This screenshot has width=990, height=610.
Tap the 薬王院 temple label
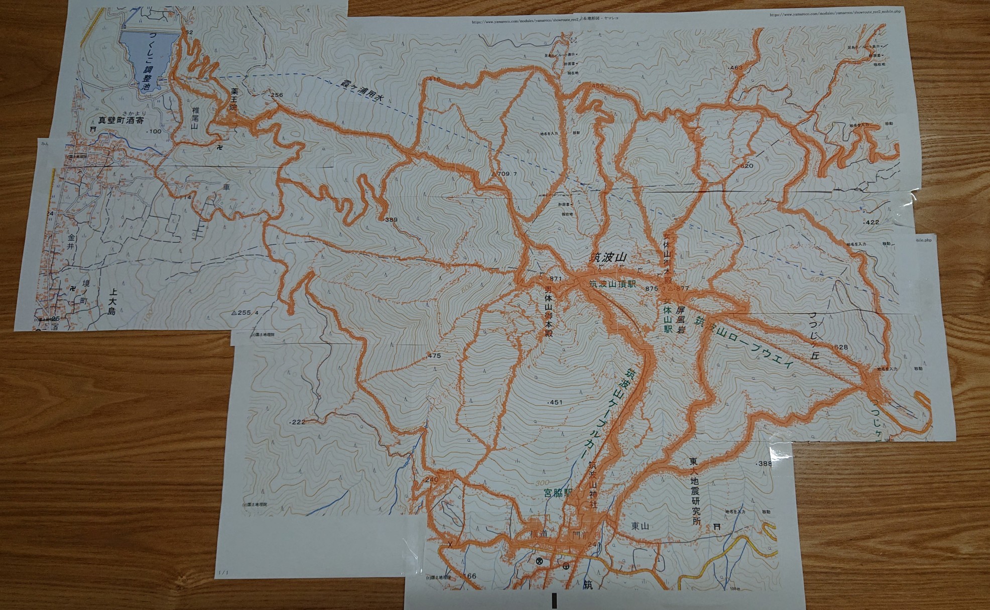233,100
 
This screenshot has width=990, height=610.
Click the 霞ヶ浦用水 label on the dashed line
361,90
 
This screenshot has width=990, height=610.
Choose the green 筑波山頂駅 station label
612,284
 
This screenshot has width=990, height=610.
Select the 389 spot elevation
391,220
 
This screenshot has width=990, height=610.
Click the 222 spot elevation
298,422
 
